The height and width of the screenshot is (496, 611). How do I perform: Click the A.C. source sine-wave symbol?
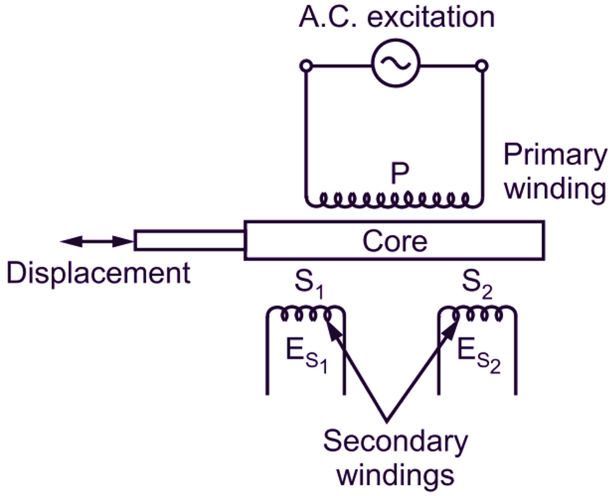394,64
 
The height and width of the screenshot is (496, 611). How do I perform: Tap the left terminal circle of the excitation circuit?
306,65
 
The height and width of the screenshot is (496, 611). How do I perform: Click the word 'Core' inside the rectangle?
394,241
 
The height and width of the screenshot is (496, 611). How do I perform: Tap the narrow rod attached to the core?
189,241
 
